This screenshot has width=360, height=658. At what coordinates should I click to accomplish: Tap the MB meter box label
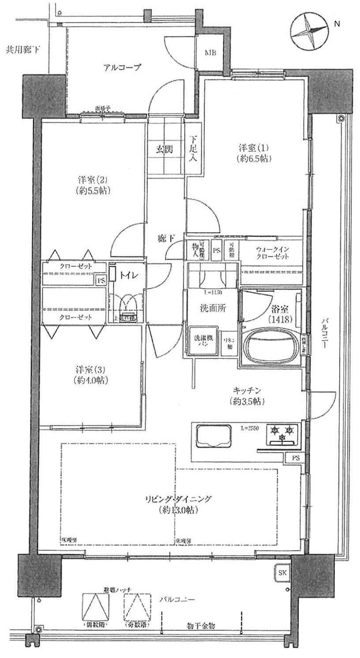[210, 53]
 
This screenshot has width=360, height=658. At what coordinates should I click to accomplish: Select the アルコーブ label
[122, 68]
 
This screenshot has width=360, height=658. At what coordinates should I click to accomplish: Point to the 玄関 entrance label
[163, 149]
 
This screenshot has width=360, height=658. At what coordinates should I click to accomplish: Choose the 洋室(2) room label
[93, 185]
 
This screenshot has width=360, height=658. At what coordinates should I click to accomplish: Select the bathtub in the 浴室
[270, 345]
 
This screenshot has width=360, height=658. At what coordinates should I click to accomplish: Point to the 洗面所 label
[212, 308]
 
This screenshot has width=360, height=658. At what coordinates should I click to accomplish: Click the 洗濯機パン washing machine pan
[204, 341]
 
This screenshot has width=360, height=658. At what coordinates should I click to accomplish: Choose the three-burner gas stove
[282, 433]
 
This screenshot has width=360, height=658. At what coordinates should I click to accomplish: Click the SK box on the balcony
[281, 573]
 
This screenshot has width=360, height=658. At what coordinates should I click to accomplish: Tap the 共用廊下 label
[22, 49]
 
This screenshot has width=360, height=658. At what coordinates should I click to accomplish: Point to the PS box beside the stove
[295, 458]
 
